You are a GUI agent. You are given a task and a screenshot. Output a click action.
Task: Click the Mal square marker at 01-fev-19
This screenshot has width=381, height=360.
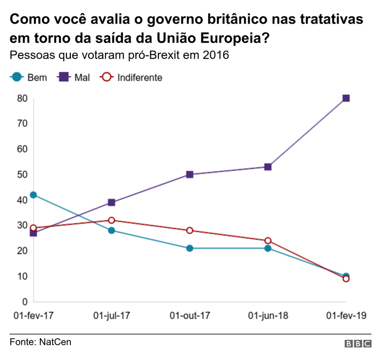pyautogui.click(x=346, y=98)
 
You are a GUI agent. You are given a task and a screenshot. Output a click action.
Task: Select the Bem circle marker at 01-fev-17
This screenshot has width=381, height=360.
pyautogui.click(x=33, y=195)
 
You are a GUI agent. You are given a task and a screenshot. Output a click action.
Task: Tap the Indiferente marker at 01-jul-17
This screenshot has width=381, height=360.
pyautogui.click(x=112, y=220)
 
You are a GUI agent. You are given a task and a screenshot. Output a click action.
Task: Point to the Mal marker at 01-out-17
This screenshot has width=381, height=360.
pyautogui.click(x=190, y=175)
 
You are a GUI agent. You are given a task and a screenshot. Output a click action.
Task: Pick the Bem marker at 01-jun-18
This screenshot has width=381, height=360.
pyautogui.click(x=268, y=248)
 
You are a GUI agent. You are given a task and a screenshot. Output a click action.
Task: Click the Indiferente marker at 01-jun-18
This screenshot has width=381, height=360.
pyautogui.click(x=268, y=240)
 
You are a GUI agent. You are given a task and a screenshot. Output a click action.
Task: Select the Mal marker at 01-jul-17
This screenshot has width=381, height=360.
pyautogui.click(x=112, y=203)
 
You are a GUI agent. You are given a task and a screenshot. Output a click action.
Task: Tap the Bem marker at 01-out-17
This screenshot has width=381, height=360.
pyautogui.click(x=190, y=248)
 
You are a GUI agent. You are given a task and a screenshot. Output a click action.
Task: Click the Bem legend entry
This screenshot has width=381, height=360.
pyautogui.click(x=30, y=77)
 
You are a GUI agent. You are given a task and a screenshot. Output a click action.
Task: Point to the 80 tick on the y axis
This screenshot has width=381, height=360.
pyautogui.click(x=22, y=98)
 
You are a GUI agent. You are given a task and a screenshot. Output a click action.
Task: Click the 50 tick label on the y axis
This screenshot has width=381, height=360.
pyautogui.click(x=22, y=175)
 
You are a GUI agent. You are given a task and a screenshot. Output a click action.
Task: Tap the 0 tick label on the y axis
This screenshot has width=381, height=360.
pyautogui.click(x=24, y=301)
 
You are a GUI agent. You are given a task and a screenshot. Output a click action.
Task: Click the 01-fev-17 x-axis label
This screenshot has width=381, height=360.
pyautogui.click(x=33, y=315)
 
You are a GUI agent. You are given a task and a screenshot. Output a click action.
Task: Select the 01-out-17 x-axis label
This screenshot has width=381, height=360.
pyautogui.click(x=190, y=315)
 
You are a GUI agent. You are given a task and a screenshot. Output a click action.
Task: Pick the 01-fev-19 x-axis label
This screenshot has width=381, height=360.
pyautogui.click(x=346, y=315)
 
